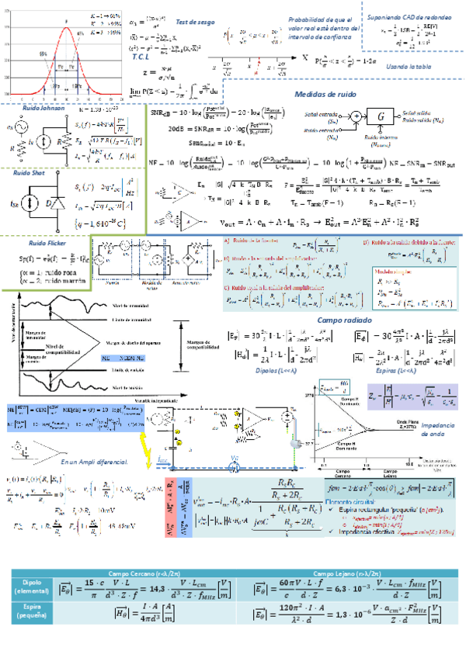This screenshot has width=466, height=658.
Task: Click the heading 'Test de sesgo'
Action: (195, 23)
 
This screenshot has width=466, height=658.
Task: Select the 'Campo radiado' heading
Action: (341, 320)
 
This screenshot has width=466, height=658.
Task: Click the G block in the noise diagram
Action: (380, 116)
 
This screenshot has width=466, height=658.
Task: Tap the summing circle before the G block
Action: (356, 116)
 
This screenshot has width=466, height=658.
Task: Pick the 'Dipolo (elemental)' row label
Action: (31, 587)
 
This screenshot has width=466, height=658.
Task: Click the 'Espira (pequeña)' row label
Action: (31, 613)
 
